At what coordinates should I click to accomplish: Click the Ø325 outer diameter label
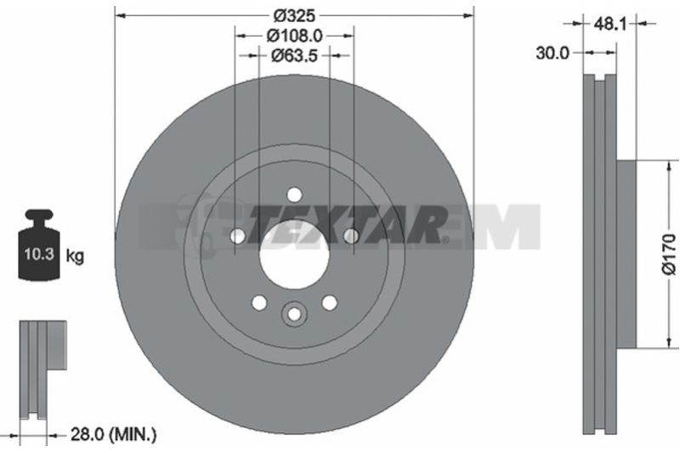(x=294, y=15)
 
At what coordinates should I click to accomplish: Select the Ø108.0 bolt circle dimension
(x=294, y=36)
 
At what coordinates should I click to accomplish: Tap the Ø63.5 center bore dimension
(x=294, y=55)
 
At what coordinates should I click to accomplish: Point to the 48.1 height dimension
(x=610, y=24)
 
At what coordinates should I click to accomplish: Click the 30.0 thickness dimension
(x=552, y=54)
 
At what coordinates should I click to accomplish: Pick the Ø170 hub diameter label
(x=669, y=254)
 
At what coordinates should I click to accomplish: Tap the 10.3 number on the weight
(x=39, y=254)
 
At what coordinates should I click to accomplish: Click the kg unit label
(x=75, y=256)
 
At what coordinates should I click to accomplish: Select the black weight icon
(x=38, y=245)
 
